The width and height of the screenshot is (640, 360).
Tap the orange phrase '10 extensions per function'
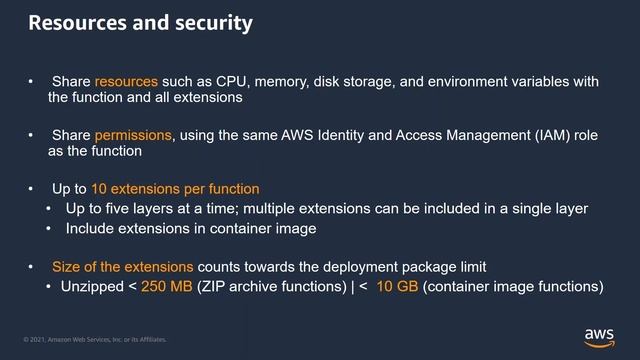click(175, 189)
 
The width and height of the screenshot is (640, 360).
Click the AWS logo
click(599, 337)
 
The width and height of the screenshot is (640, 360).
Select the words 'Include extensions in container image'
click(189, 228)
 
